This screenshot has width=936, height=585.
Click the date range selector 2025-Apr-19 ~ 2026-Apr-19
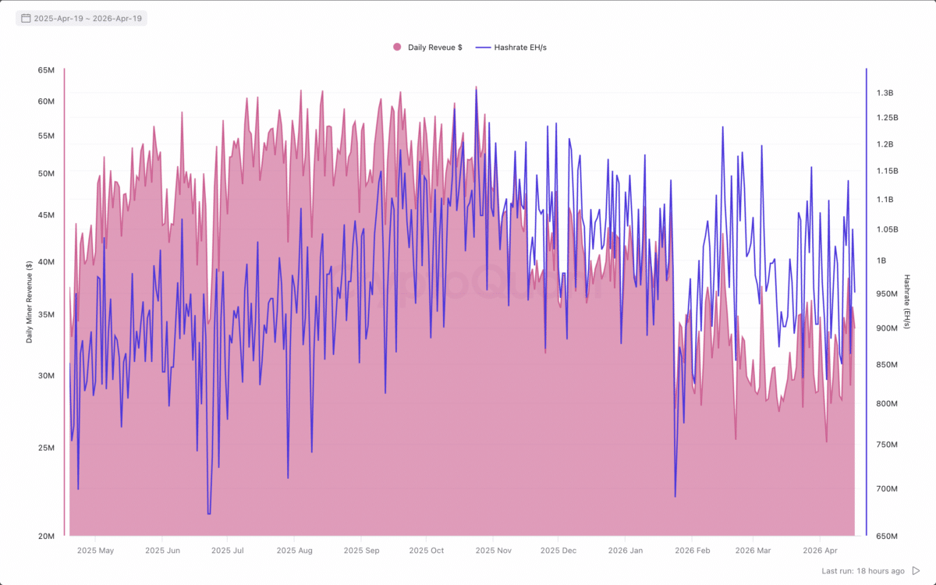[81, 18]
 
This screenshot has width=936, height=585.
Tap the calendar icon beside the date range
[26, 18]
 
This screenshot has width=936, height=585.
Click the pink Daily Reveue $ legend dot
[397, 48]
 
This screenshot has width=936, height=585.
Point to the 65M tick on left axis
[46, 70]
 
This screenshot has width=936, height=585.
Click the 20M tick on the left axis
[46, 537]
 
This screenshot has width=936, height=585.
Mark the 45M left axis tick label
[46, 215]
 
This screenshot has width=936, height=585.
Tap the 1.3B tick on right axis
[885, 93]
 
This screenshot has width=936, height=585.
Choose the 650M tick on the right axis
[887, 537]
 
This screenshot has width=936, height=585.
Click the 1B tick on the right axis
[881, 261]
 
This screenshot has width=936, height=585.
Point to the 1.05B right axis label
[887, 229]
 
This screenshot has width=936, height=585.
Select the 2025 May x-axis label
[96, 551]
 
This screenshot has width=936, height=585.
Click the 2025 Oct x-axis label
[426, 551]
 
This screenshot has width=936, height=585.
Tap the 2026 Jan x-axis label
[625, 551]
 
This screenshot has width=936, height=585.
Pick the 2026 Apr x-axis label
[821, 551]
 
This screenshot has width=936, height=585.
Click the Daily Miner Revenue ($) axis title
[29, 303]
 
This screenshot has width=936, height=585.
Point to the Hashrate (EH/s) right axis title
[907, 301]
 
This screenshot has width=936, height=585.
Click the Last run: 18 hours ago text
[863, 571]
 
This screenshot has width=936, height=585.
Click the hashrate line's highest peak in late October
[476, 87]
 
